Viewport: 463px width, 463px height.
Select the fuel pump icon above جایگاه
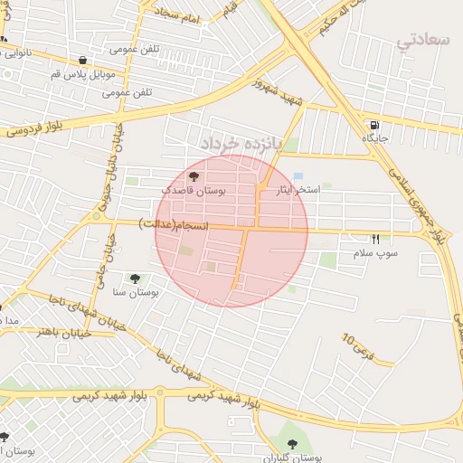[374, 125]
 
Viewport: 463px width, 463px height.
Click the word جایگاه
[375, 138]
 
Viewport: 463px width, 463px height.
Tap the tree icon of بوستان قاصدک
[194, 176]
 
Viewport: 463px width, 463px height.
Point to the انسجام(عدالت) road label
[173, 222]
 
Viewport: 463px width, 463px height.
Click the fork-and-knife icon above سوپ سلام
[375, 239]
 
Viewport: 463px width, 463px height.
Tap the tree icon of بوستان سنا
[135, 279]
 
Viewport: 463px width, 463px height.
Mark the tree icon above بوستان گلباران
[291, 443]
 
